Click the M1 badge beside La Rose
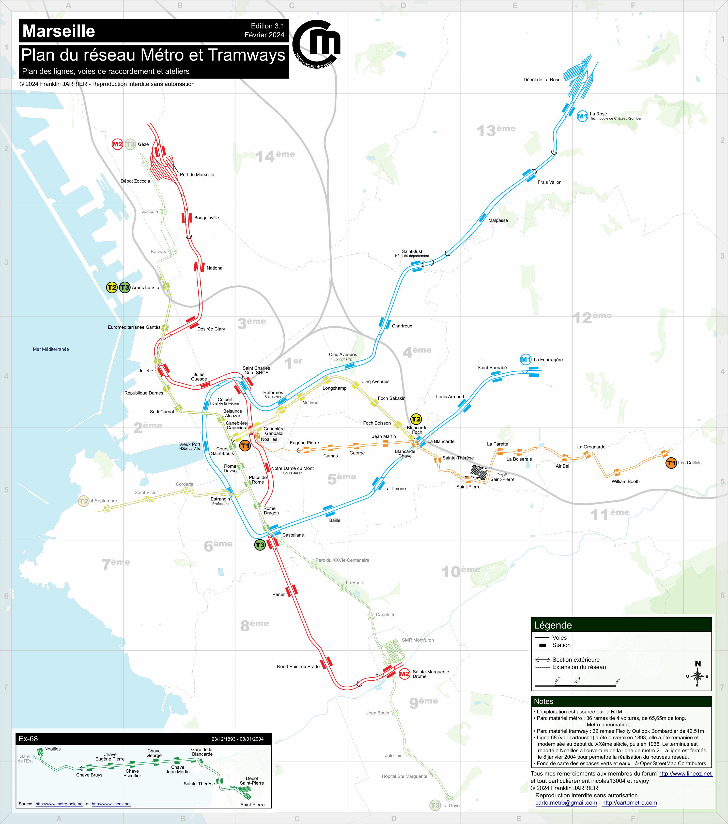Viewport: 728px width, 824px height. coord(582,116)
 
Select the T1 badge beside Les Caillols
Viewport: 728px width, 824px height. coord(671,463)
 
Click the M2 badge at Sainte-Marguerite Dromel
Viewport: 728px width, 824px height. coord(404,674)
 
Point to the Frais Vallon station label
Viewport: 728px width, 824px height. coord(549,182)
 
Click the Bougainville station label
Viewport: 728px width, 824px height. coord(206,218)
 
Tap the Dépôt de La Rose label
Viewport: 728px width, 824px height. coord(542,80)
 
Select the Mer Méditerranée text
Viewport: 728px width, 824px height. coord(51,349)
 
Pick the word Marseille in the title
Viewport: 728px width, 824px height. coord(59,31)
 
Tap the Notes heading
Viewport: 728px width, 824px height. coord(543,701)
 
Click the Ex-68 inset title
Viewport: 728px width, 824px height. coord(28,739)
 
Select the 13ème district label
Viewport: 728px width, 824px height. coord(496,130)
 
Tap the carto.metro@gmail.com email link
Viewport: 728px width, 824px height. coord(566,803)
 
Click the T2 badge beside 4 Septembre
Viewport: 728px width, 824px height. coord(83,501)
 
